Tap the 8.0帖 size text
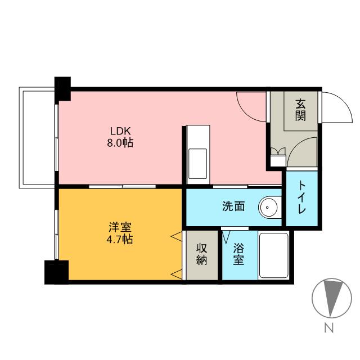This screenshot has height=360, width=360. coord(120,143)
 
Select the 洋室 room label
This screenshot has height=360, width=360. coord(120,228)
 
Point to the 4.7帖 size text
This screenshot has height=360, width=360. coord(120,240)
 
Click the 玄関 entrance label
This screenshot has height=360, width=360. coord(300,110)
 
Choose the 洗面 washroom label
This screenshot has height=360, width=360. coord(233,206)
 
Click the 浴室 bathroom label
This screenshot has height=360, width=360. coord(238,254)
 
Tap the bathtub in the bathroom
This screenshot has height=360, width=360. coord(273,255)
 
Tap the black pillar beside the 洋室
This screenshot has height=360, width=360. coord(56,272)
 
